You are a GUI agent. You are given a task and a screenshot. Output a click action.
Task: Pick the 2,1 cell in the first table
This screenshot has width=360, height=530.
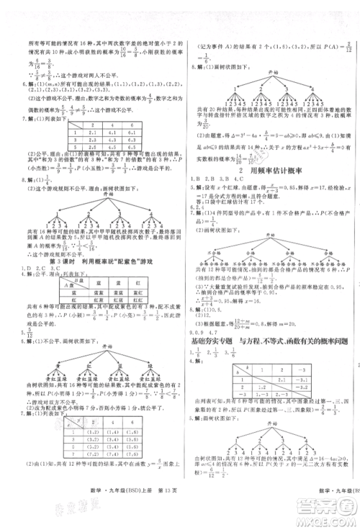91,132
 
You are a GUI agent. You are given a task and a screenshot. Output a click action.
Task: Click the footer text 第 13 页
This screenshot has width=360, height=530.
141,511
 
